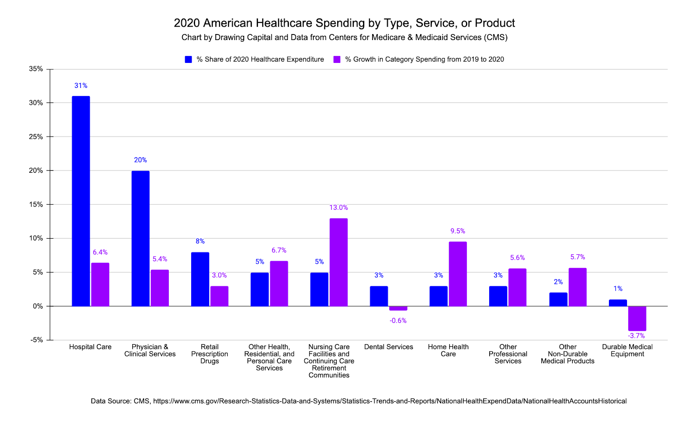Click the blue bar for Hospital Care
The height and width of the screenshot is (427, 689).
[x=81, y=201]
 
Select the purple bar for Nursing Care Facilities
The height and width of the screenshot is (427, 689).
[x=338, y=262]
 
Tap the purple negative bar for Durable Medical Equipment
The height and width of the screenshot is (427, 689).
[x=637, y=318]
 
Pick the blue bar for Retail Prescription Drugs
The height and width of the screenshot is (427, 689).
[x=200, y=279]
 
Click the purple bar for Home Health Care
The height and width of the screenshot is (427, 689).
[x=457, y=274]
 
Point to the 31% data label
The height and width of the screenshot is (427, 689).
[x=81, y=86]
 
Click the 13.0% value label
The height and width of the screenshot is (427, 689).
[x=338, y=208]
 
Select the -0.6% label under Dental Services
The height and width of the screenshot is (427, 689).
[x=398, y=321]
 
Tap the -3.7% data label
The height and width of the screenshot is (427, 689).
[x=636, y=336]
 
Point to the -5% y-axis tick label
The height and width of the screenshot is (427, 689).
[x=37, y=340]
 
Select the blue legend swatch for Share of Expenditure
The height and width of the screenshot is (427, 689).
[x=188, y=59]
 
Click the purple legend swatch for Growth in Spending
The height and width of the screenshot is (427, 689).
[x=337, y=59]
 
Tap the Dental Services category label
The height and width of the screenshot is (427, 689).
[x=388, y=347]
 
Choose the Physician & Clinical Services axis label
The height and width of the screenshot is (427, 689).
[x=150, y=350]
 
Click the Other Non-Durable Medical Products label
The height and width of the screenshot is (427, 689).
[x=568, y=354]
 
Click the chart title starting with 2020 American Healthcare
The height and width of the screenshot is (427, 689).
[x=344, y=23]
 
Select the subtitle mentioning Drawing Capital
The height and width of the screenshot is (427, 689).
[x=344, y=37]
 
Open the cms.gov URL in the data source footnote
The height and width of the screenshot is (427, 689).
[x=390, y=401]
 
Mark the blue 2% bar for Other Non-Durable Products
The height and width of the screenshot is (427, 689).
[x=558, y=299]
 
